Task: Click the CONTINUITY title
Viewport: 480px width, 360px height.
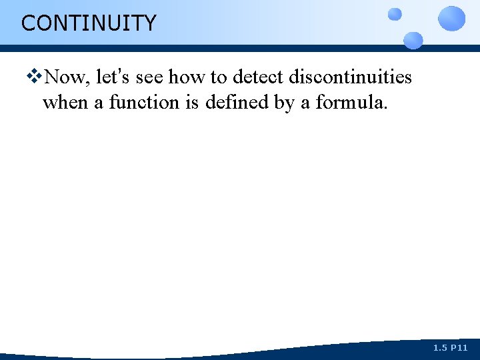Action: tap(88, 23)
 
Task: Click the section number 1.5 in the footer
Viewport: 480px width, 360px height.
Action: tap(440, 348)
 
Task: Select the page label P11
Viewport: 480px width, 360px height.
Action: tap(459, 348)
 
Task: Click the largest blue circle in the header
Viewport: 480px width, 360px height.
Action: tap(452, 18)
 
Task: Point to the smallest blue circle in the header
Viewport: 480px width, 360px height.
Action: tap(395, 14)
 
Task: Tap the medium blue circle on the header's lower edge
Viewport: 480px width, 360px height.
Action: tap(413, 40)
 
